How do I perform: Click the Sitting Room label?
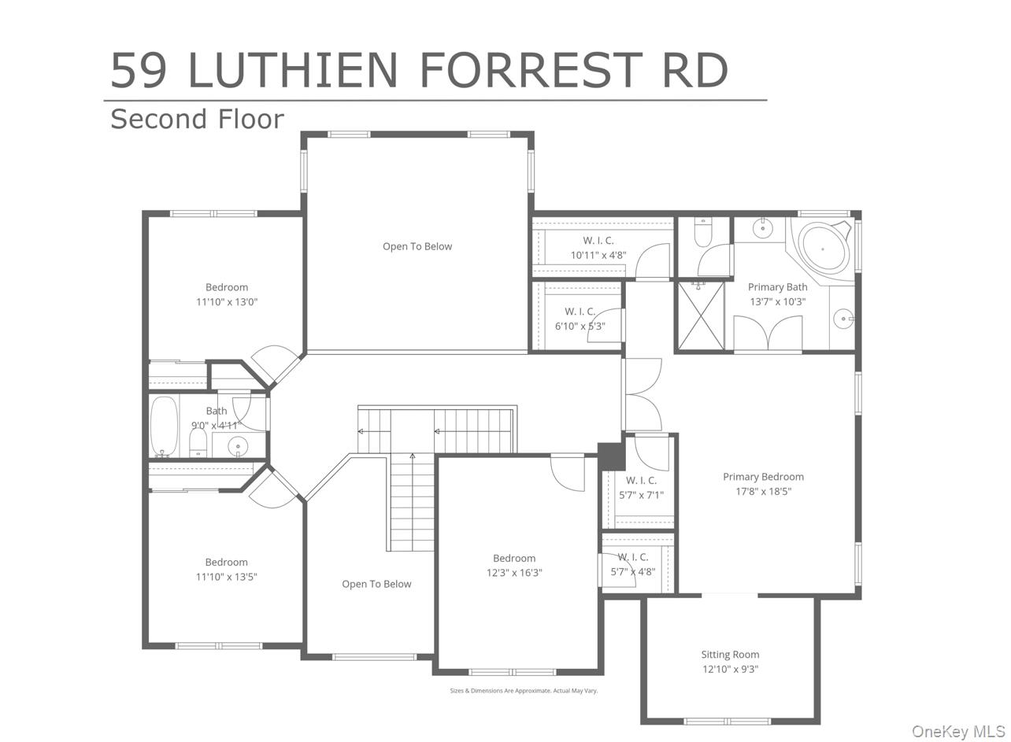(x=730, y=655)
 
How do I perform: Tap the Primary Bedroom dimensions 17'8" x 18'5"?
(x=763, y=492)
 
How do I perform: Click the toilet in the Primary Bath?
(x=703, y=232)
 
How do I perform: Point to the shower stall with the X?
(x=701, y=316)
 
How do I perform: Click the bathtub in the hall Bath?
(x=164, y=426)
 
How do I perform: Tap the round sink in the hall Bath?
(x=238, y=447)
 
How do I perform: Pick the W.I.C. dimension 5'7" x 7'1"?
(x=641, y=496)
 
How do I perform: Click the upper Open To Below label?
(x=417, y=246)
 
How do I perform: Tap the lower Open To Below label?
(x=376, y=584)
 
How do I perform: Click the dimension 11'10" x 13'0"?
(x=227, y=302)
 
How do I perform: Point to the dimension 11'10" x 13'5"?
(x=227, y=577)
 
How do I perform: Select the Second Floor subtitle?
(x=197, y=119)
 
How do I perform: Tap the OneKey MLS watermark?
(x=957, y=732)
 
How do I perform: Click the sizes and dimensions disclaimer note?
(x=524, y=691)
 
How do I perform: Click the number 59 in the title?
(x=139, y=70)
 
